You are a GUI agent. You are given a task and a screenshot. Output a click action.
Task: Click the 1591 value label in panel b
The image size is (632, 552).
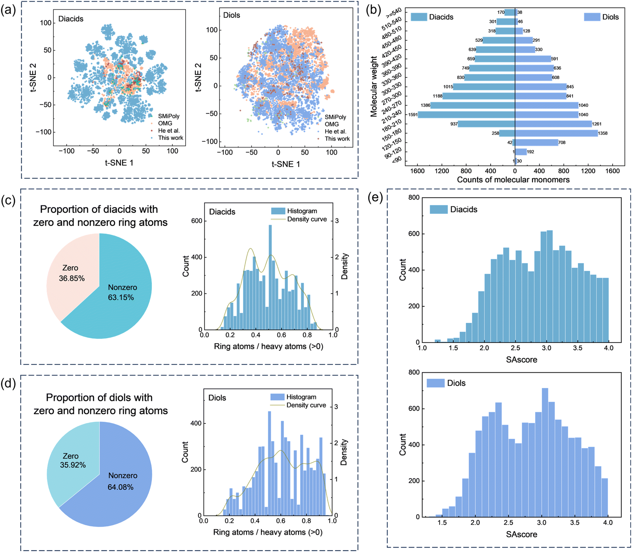coord(413,115)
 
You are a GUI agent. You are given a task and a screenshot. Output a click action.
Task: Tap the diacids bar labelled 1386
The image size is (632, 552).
coord(473,105)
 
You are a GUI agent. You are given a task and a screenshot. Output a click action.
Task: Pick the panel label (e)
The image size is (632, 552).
coord(375,197)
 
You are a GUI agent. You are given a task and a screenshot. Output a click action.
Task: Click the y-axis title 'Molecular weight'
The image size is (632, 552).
coord(374,86)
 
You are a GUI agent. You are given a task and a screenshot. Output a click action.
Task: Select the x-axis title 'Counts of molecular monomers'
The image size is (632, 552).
coord(513,179)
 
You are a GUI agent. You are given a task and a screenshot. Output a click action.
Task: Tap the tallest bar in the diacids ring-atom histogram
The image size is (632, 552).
coord(270,277)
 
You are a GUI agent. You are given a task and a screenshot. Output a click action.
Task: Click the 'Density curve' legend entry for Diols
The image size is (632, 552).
coord(306,405)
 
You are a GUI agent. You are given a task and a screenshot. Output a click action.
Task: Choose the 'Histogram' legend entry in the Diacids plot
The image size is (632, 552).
coord(302,211)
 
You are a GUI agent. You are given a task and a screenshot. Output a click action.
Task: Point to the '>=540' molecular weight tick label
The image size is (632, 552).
coord(393,13)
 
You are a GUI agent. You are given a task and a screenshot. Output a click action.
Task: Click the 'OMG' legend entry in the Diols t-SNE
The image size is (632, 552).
coord(332,124)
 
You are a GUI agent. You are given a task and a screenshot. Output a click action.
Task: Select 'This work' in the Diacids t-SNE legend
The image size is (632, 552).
coord(170,138)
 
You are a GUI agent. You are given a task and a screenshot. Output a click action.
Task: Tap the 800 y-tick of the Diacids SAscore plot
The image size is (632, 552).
coord(414,197)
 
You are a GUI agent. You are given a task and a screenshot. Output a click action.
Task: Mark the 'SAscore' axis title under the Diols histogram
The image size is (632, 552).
coord(521,534)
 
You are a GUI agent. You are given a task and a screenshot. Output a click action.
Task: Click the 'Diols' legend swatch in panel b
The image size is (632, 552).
coord(592,17)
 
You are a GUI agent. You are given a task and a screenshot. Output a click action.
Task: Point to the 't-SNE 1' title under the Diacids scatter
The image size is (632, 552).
coord(119,163)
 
